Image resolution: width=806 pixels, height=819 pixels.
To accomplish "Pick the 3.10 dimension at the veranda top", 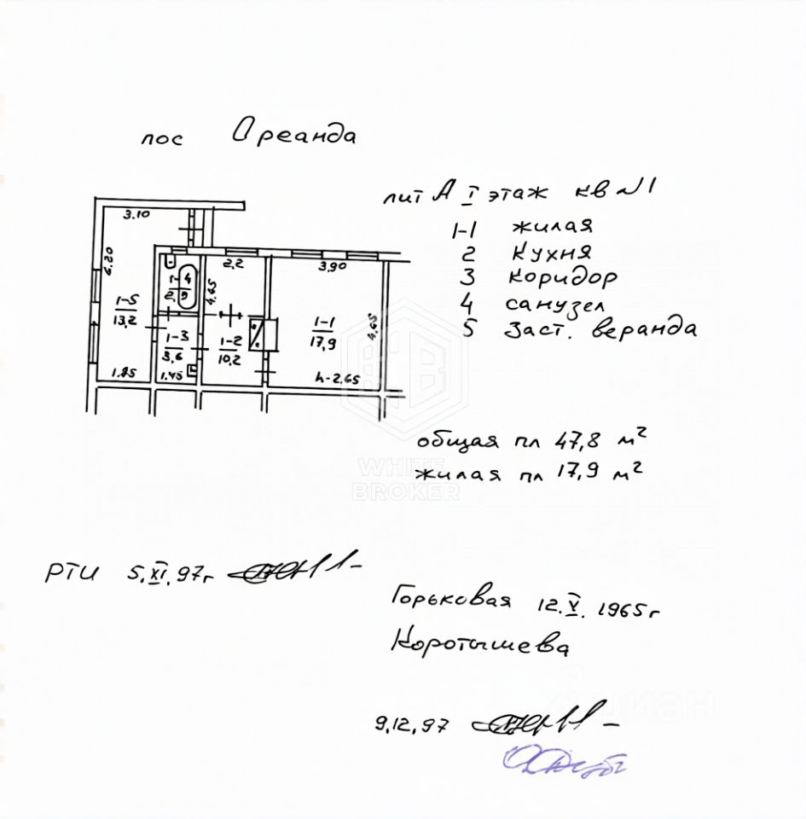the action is pyautogui.click(x=136, y=214).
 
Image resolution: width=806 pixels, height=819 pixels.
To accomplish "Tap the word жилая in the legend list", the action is pyautogui.click(x=552, y=227).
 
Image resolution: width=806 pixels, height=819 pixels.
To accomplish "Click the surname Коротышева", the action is pyautogui.click(x=479, y=643).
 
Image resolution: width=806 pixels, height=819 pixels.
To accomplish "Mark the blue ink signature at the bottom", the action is pyautogui.click(x=565, y=762).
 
